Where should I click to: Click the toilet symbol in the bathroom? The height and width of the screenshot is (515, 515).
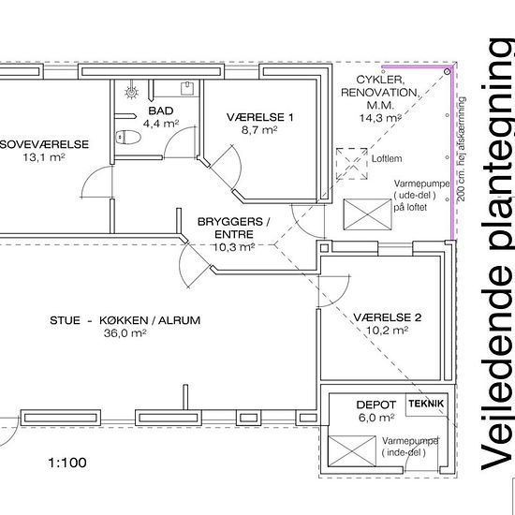128,137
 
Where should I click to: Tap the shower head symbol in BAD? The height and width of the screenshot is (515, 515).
132,93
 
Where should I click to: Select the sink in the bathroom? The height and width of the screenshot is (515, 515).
187,88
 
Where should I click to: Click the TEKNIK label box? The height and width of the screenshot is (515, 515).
426,404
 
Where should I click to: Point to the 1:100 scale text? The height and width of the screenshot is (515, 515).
67,463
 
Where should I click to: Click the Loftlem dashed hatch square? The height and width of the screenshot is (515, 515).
351,164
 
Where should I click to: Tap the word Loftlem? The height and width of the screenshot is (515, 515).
387,158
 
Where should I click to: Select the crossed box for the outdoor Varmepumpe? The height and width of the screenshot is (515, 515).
367,214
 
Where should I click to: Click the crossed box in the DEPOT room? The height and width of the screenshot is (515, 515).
351,451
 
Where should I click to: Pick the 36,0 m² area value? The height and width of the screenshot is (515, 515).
125,333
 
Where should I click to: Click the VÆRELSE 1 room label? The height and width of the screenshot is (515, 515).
259,117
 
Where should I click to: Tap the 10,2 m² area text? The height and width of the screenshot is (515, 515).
388,330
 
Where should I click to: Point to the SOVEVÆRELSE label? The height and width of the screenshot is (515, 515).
44,144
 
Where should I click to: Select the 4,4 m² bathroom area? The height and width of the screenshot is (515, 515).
161,124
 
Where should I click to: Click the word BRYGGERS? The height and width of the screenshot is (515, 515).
230,222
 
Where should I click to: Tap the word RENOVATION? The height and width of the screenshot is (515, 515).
380,93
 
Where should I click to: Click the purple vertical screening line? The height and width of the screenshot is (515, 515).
452,154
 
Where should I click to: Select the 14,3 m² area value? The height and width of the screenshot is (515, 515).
380,118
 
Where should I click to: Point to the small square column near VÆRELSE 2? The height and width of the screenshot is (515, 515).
324,248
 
